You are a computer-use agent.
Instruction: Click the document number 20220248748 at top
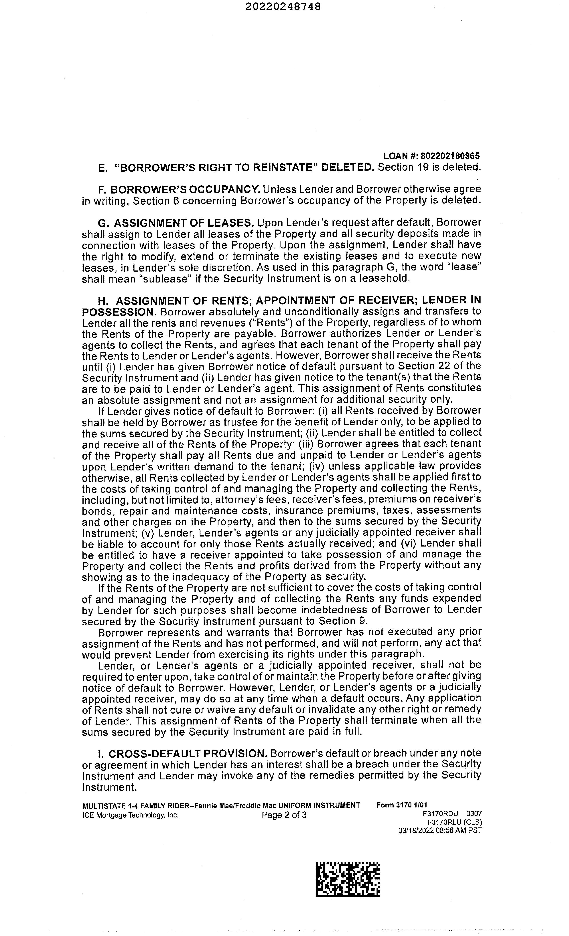point(283,6)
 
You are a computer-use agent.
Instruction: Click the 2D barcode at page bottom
point(348,880)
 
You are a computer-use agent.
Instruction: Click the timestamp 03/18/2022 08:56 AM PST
point(440,830)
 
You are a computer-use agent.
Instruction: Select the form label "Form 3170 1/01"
point(402,805)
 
